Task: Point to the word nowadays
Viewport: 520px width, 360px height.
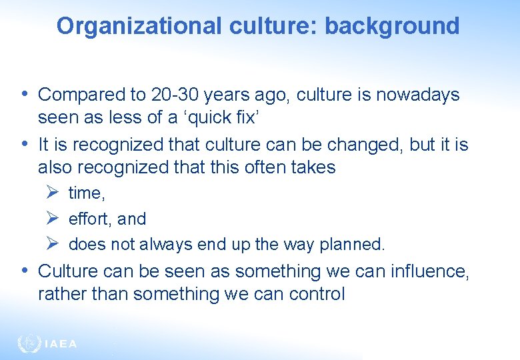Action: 418,95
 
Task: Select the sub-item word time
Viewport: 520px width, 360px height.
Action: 86,193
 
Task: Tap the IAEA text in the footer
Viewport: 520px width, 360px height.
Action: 61,344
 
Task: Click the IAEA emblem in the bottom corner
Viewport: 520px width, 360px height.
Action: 29,343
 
